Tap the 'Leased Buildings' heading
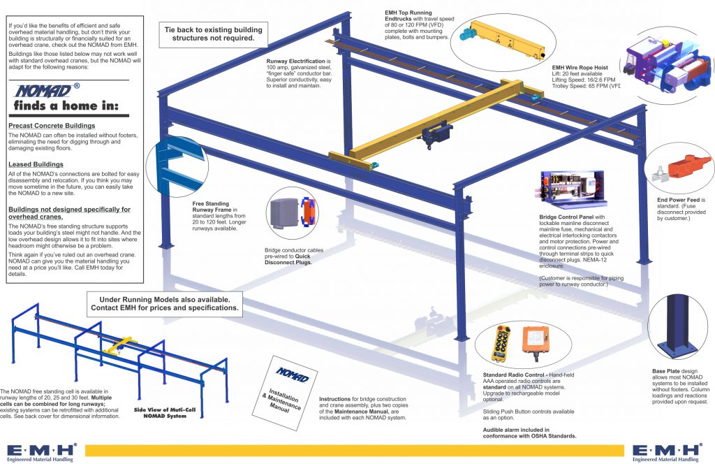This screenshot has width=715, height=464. click(36, 164)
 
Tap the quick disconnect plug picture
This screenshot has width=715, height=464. click(294, 215)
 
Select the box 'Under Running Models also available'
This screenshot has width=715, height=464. click(164, 303)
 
